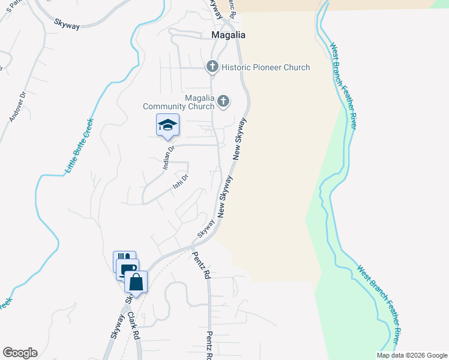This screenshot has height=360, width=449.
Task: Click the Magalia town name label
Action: pos(229,35)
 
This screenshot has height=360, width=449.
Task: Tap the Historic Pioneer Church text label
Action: pos(265,67)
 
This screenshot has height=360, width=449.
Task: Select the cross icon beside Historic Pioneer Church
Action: pos(212,67)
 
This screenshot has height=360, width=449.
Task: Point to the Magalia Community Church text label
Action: pos(178,102)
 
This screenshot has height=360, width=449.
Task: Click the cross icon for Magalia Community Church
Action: pos(223,101)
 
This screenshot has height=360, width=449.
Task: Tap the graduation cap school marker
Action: pos(167,125)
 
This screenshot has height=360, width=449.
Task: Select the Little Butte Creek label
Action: pos(79,147)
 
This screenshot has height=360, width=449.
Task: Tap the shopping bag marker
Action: pos(136,281)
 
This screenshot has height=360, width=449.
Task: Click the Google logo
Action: pos(20,353)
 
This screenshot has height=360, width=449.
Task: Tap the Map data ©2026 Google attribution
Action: pos(412,355)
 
